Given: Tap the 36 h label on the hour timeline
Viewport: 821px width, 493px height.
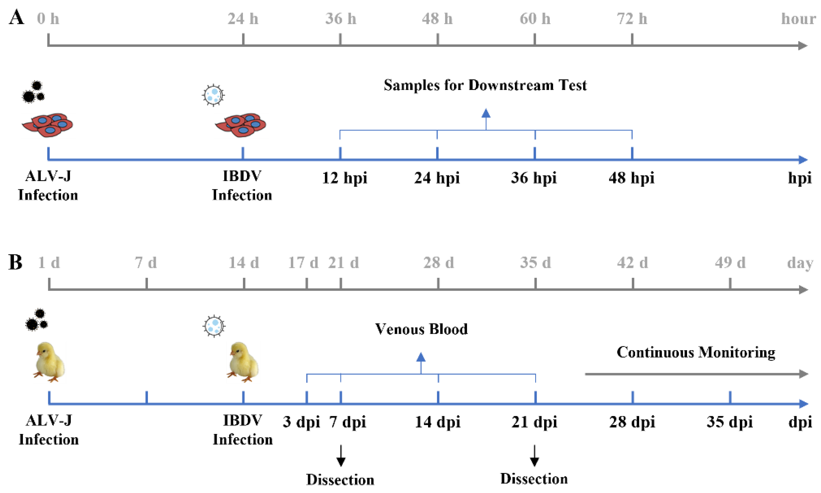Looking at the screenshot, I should [340, 18].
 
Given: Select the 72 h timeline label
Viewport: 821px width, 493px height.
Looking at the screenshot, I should [632, 18].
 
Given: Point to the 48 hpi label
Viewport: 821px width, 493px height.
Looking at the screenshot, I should [631, 178].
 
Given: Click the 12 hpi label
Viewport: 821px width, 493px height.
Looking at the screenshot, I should [345, 178].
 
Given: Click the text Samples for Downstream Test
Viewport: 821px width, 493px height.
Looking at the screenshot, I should [485, 85].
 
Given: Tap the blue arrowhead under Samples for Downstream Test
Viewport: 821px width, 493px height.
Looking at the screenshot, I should [486, 114].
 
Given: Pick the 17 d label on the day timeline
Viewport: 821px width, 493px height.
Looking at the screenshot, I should [303, 263].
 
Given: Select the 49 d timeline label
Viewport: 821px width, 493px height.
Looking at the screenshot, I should [730, 263].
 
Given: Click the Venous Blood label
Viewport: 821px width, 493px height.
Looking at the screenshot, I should [421, 329].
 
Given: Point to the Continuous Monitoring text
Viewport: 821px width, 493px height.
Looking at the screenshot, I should [696, 352].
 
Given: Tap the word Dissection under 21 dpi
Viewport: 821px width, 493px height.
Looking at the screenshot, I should [534, 479].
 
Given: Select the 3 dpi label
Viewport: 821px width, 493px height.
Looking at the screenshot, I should [301, 422].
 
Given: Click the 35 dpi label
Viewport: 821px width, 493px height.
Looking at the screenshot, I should [729, 422].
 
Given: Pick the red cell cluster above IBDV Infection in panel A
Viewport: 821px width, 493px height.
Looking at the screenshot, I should [241, 125].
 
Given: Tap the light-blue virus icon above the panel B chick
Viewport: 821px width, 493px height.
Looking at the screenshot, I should [214, 326].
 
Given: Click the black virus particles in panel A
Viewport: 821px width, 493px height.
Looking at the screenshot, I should [33, 92].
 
